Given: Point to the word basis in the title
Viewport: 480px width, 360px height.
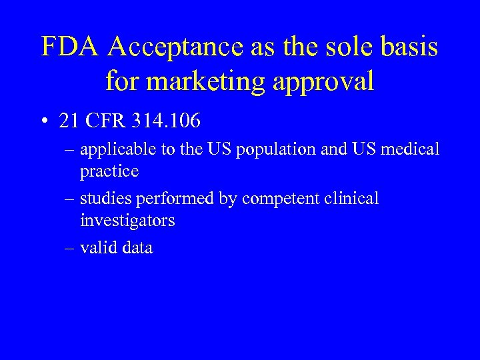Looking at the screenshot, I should coord(406,47).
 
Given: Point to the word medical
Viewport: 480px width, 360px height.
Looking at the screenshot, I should coord(407,149).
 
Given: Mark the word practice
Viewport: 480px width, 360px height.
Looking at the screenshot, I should coord(109,171).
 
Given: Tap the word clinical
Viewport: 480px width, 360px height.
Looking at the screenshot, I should coord(351,199).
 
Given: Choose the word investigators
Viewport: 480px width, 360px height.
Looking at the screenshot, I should coord(127,220).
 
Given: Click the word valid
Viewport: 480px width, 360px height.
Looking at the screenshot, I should coord(95,248).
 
